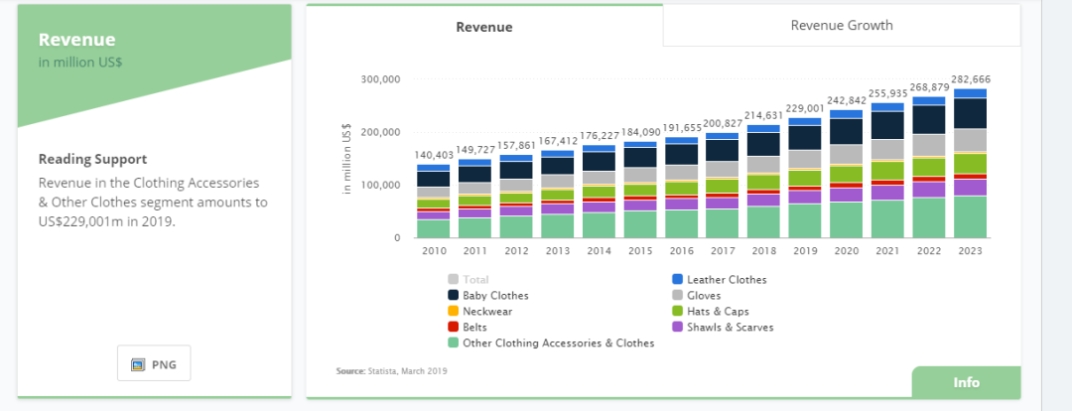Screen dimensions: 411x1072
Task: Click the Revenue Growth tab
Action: coord(841,26)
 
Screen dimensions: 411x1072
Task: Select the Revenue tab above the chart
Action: coord(484,27)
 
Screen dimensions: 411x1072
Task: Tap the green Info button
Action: coord(966,382)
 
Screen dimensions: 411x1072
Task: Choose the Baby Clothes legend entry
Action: coord(495,295)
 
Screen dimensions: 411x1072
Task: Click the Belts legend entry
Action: coord(475,327)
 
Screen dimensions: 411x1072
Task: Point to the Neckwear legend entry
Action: coord(487,311)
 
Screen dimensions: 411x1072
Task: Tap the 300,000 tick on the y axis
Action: coord(380,79)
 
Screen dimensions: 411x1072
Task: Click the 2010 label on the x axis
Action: coord(434,251)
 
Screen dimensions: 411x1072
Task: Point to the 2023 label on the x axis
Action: coord(970,251)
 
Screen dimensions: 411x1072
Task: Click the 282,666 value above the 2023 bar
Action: coord(970,79)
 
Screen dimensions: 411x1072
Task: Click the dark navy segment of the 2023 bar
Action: coord(970,113)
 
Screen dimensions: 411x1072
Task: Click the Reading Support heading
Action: coord(92,159)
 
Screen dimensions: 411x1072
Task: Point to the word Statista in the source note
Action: coord(381,371)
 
